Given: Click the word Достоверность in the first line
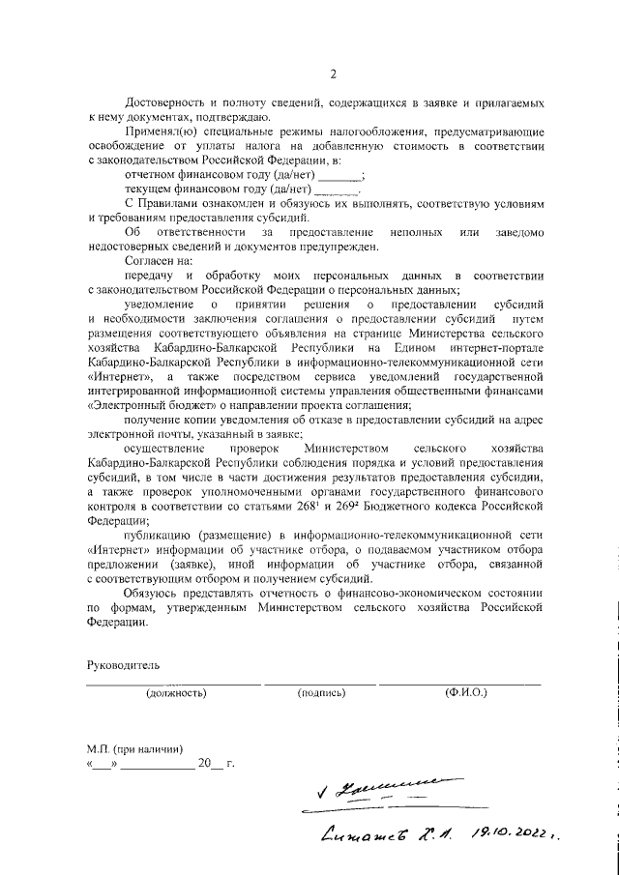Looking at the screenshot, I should [162, 102].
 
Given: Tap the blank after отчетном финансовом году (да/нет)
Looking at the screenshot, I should [339, 176].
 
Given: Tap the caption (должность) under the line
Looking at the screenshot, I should [176, 693].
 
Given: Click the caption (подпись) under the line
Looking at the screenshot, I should [322, 693].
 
